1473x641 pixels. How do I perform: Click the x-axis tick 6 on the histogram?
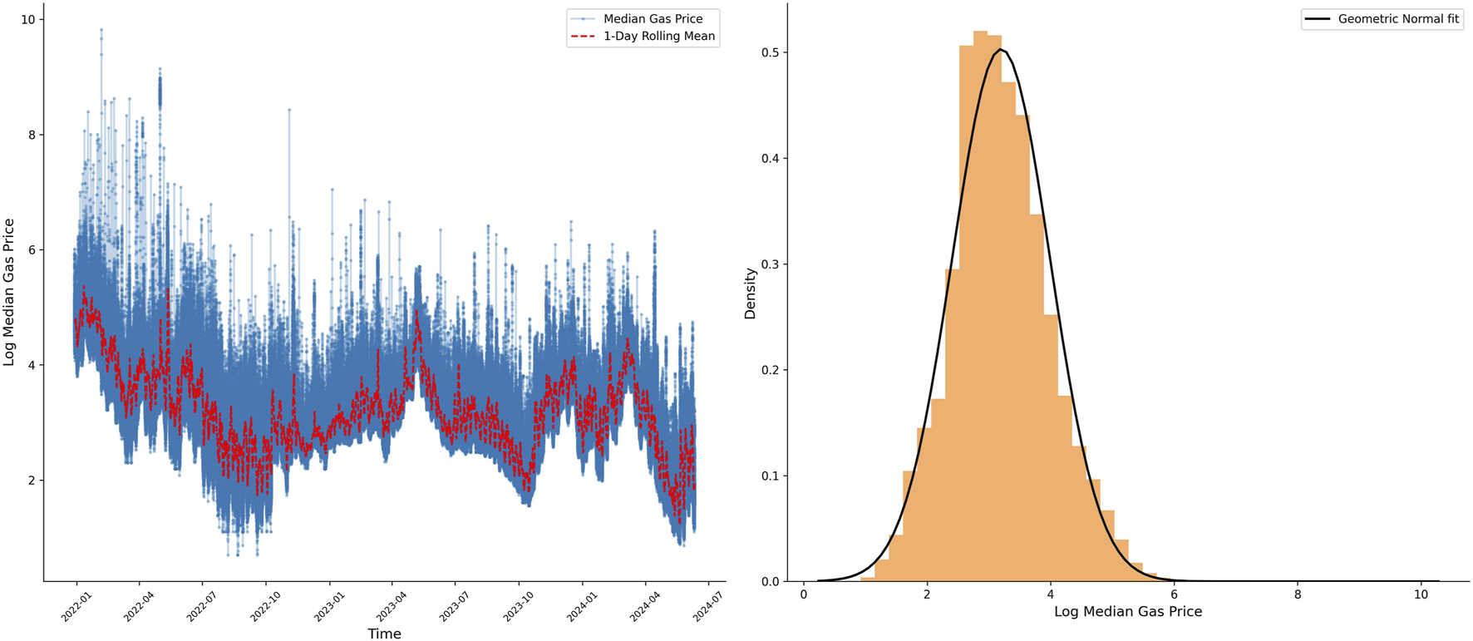1174,595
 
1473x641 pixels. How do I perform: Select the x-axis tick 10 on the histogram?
1421,595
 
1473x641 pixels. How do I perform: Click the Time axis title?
384,634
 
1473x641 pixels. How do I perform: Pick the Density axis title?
751,293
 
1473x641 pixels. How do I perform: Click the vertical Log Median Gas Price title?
10,292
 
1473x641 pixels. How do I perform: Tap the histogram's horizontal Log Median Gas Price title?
1127,612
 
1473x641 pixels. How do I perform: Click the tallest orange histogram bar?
980,308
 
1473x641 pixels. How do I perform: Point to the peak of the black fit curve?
1003,50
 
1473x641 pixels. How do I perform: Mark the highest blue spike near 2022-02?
101,29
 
